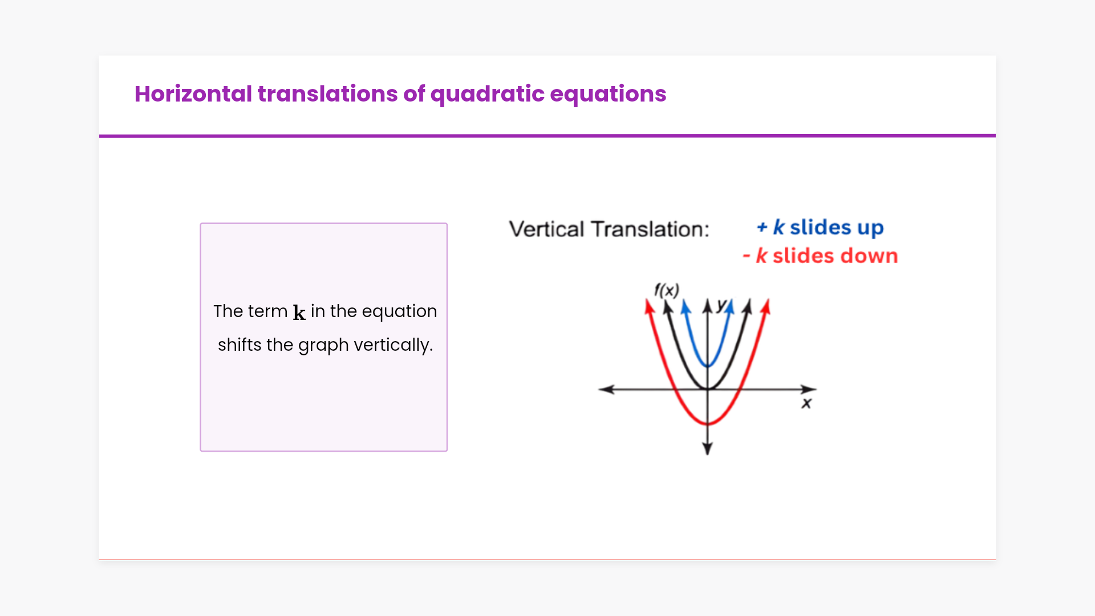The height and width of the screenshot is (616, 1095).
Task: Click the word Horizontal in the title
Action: point(193,94)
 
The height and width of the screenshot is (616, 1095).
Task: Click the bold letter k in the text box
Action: point(299,312)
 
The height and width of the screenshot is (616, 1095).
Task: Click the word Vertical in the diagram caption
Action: point(547,229)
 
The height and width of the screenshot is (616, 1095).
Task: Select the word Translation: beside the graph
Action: point(650,229)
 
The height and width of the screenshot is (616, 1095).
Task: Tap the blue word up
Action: point(870,228)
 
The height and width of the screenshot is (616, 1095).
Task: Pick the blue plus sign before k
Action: point(762,228)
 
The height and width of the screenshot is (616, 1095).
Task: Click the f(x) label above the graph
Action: point(667,290)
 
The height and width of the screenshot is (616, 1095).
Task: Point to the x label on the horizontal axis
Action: point(806,404)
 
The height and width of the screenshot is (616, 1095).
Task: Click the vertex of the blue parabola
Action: point(708,366)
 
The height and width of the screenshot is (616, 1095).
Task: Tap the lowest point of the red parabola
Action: point(708,424)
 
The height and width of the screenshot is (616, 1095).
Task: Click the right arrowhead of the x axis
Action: point(809,389)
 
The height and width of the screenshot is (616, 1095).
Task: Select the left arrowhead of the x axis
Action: point(606,389)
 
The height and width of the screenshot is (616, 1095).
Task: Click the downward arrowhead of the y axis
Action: point(708,448)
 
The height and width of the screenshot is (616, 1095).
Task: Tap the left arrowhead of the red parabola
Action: point(649,306)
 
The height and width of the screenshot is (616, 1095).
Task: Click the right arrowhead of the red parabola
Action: point(766,306)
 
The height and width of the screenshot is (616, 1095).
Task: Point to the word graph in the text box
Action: point(323,345)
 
